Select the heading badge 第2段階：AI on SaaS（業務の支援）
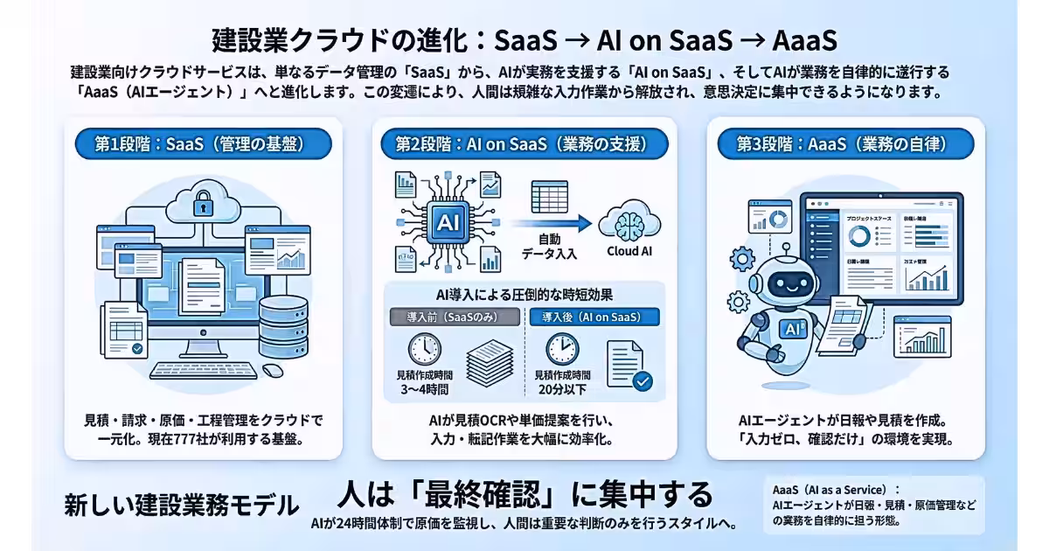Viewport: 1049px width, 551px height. [524, 144]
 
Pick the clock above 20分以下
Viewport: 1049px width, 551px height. [562, 348]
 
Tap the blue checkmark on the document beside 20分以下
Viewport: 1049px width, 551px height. [643, 381]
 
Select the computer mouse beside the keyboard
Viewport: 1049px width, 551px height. [273, 370]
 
